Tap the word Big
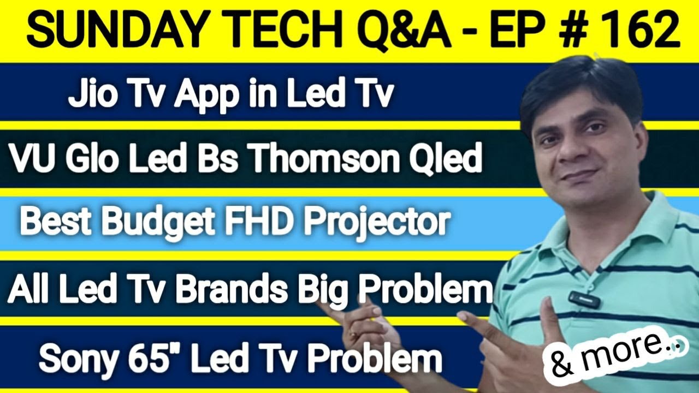(x=325, y=289)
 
